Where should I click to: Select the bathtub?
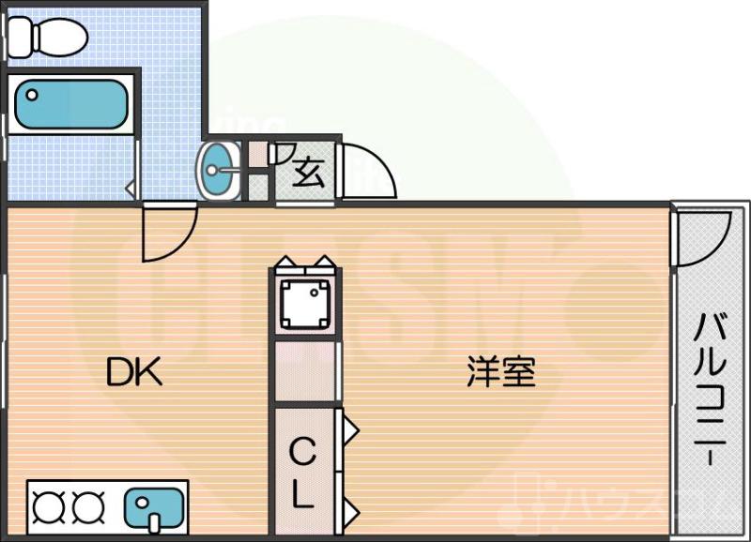click(x=71, y=104)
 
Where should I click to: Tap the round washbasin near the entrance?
click(x=218, y=171)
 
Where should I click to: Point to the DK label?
click(x=133, y=373)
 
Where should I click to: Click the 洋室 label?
click(x=500, y=372)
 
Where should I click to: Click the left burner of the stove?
click(x=46, y=507)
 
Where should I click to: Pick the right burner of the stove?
click(x=89, y=507)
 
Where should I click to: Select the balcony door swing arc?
click(x=702, y=239)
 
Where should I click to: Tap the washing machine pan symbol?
click(x=305, y=303)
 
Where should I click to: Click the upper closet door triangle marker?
click(x=349, y=429)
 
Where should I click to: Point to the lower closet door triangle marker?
click(x=349, y=513)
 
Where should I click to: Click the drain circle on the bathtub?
click(x=31, y=94)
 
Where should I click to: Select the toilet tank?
click(x=20, y=38)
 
